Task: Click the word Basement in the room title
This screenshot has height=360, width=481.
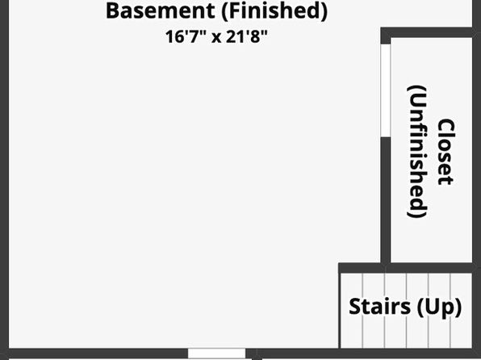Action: [x=160, y=10]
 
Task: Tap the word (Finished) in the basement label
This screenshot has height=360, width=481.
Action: [x=274, y=11]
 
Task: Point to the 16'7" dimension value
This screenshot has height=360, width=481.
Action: [x=186, y=36]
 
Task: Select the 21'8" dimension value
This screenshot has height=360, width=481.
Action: [x=247, y=36]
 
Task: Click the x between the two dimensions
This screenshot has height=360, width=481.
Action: [x=216, y=38]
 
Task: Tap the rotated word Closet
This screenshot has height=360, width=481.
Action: [x=445, y=152]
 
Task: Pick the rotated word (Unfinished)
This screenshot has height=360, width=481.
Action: [x=417, y=153]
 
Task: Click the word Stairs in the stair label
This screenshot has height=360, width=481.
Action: [x=380, y=306]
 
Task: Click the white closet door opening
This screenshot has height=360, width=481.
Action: [x=386, y=90]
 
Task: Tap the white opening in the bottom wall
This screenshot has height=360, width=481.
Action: [x=216, y=354]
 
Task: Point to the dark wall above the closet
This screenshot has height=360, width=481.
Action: [x=426, y=32]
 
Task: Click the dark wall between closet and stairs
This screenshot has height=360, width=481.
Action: [x=405, y=268]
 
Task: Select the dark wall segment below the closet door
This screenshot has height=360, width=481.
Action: [x=386, y=200]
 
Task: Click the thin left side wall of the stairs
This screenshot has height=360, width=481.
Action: [x=340, y=311]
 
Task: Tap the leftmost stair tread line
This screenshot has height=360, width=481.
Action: [x=362, y=311]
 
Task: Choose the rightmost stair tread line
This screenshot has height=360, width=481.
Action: [x=450, y=311]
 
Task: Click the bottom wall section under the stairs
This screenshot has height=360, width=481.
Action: [x=405, y=353]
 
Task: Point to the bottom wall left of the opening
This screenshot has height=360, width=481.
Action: [x=98, y=353]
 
